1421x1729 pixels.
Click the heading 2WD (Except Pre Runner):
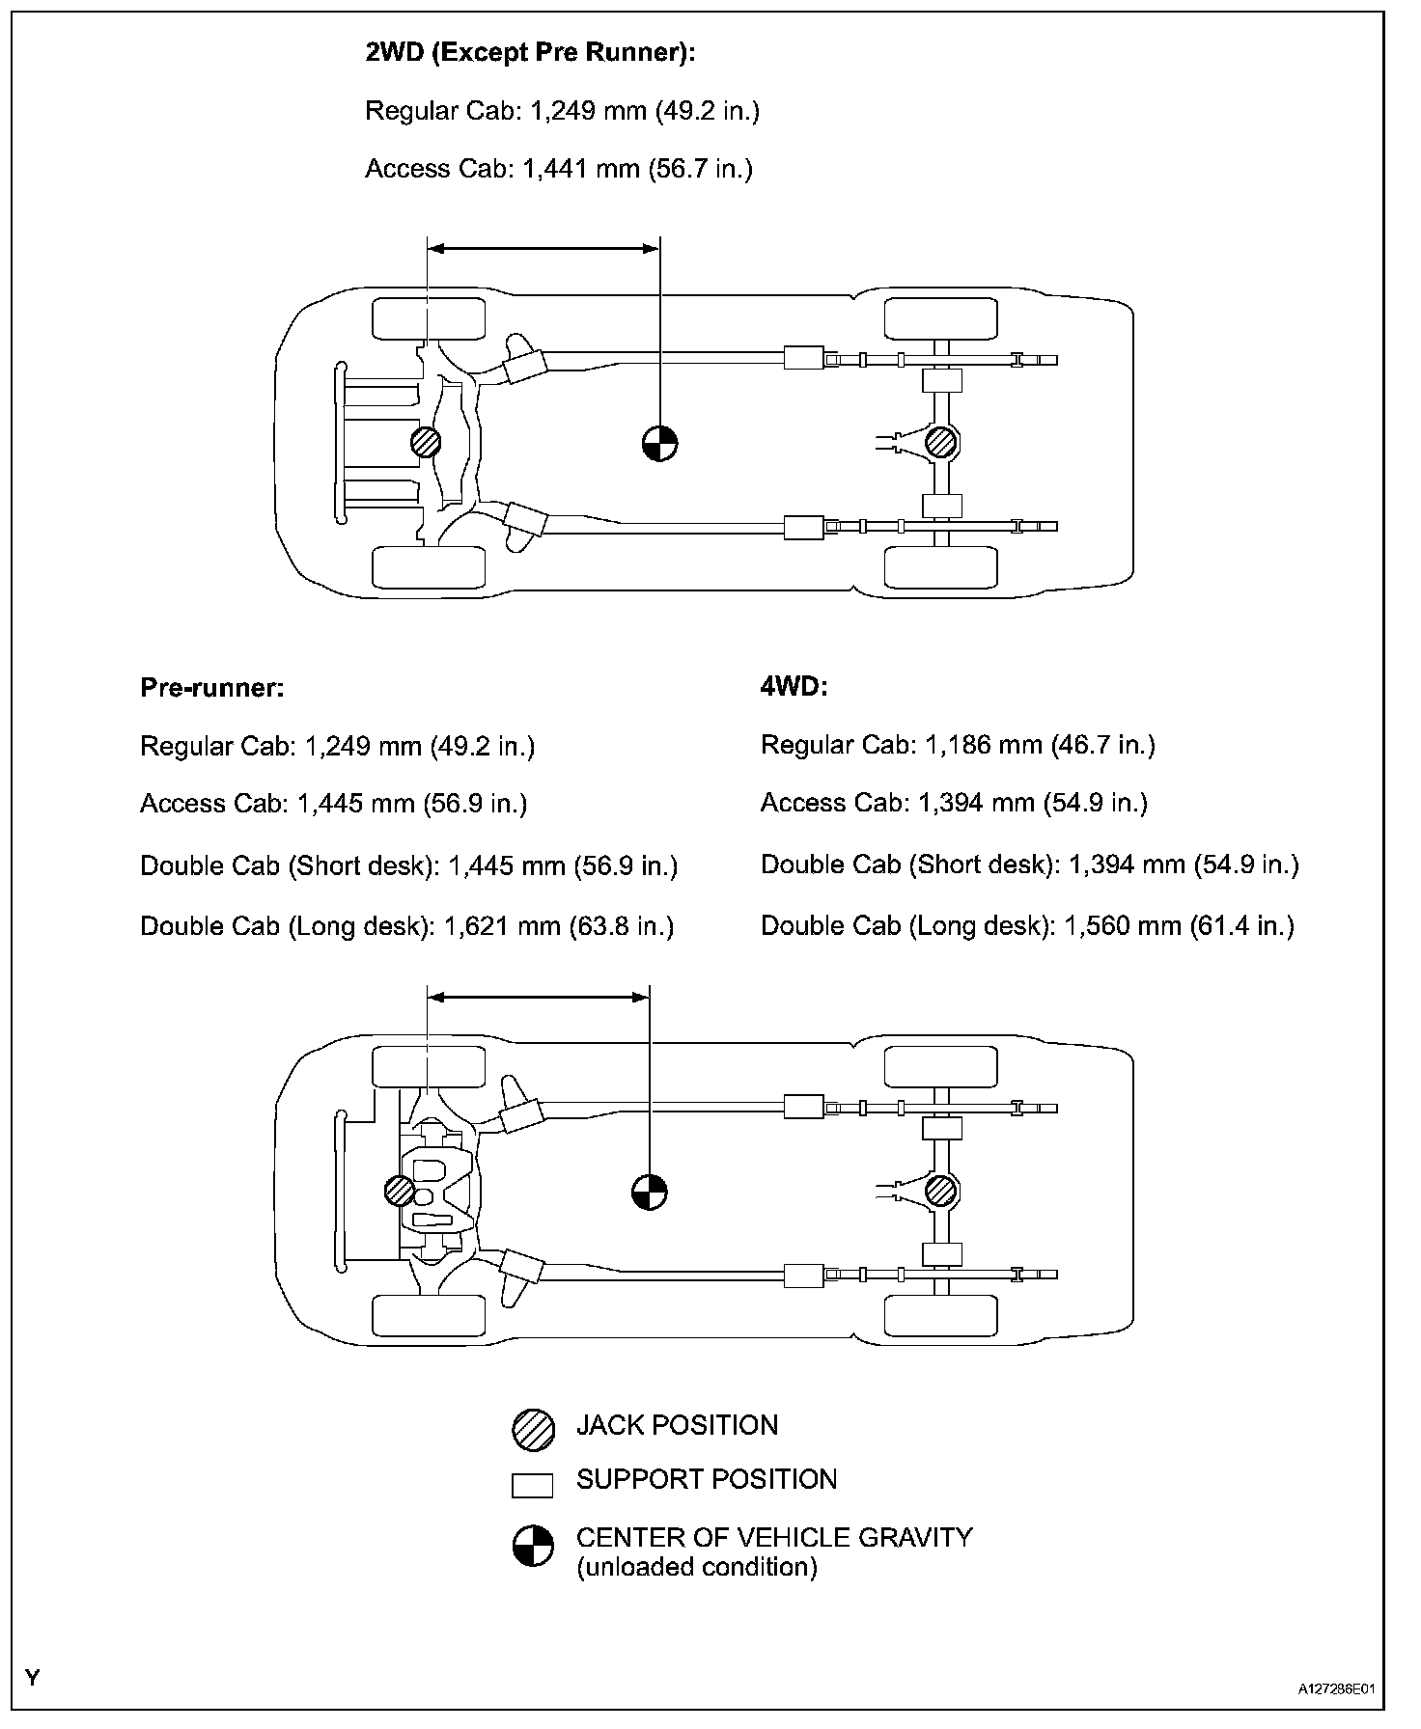[530, 52]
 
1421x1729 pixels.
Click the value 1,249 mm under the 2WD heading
[588, 111]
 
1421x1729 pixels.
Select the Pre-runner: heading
[212, 687]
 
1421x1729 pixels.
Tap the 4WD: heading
[794, 686]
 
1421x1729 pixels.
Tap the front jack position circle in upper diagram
[426, 443]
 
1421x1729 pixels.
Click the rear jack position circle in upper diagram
[940, 443]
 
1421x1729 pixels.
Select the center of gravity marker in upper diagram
[660, 444]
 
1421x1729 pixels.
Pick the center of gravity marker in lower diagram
[650, 1192]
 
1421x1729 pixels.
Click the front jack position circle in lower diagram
[400, 1191]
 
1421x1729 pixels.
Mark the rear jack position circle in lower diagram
[940, 1191]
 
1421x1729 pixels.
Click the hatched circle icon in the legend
[533, 1430]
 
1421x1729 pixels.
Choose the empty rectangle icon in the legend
[533, 1486]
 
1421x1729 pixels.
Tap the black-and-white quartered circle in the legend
[533, 1546]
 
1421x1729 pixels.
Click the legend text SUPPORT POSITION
[707, 1480]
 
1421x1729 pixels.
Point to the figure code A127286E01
[1336, 1689]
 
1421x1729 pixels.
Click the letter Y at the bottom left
[33, 1677]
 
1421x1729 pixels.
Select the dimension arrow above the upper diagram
[543, 248]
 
